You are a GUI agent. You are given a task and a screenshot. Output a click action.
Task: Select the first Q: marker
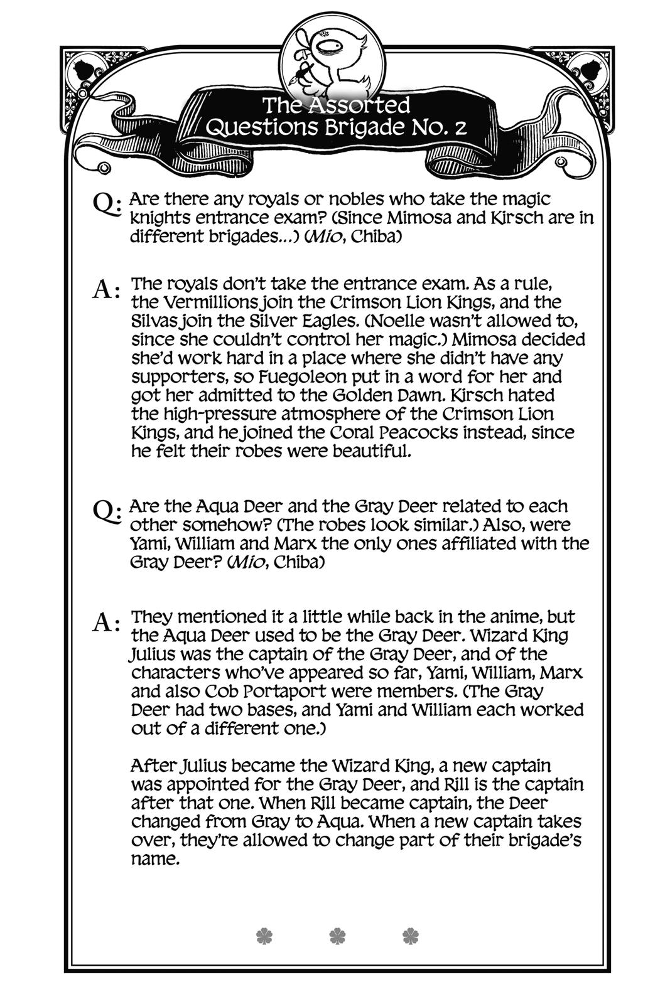[x=105, y=203]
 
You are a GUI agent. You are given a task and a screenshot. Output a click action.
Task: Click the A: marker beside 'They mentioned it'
[x=105, y=622]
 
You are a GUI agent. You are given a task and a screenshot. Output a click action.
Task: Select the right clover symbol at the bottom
[x=409, y=936]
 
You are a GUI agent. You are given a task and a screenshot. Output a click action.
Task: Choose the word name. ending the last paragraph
[x=155, y=859]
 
